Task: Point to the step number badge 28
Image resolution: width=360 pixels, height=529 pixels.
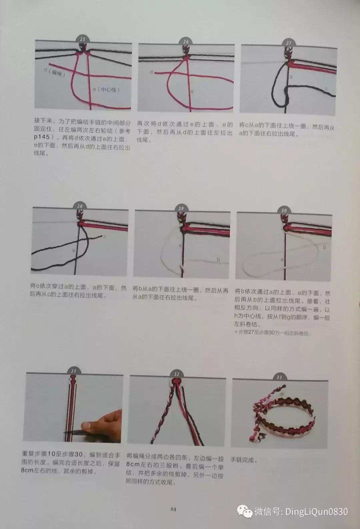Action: (x=80, y=206)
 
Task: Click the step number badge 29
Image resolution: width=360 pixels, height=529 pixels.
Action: (x=181, y=208)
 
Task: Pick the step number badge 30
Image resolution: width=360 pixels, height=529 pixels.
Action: (x=284, y=210)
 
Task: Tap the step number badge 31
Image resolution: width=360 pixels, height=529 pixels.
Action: (x=74, y=371)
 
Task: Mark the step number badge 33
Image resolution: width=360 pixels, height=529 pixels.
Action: (x=279, y=377)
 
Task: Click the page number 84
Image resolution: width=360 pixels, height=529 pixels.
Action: (x=173, y=509)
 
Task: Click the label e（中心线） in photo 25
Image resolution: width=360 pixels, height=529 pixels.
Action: (x=106, y=89)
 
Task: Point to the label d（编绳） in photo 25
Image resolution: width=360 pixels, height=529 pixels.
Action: (x=55, y=72)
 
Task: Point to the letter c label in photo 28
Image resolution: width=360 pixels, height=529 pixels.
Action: (x=105, y=236)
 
